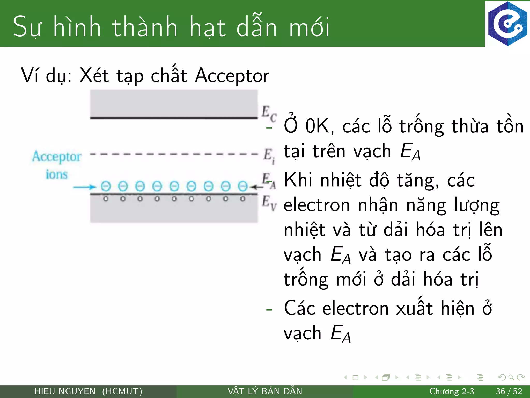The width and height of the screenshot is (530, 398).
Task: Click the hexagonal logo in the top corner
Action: click(507, 24)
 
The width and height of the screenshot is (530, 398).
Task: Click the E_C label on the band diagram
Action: click(269, 113)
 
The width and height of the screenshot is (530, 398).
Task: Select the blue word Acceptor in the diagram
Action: click(57, 157)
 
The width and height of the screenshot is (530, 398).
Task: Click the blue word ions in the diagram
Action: click(57, 174)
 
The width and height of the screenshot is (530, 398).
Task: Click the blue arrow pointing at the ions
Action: click(84, 187)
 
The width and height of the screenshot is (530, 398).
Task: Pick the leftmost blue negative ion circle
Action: click(106, 186)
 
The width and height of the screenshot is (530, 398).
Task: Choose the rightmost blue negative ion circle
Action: click(242, 186)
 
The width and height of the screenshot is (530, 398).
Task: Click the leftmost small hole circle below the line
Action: click(106, 199)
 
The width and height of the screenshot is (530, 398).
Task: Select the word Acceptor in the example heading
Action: click(232, 76)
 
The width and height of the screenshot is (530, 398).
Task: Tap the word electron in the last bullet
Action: click(356, 309)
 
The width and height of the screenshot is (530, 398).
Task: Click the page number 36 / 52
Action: click(509, 391)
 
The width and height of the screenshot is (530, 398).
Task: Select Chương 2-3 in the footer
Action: click(452, 391)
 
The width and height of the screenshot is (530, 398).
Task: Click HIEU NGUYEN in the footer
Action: click(65, 391)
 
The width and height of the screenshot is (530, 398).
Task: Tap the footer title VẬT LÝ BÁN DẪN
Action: click(265, 391)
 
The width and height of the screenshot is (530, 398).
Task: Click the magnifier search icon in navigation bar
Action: click(511, 377)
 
